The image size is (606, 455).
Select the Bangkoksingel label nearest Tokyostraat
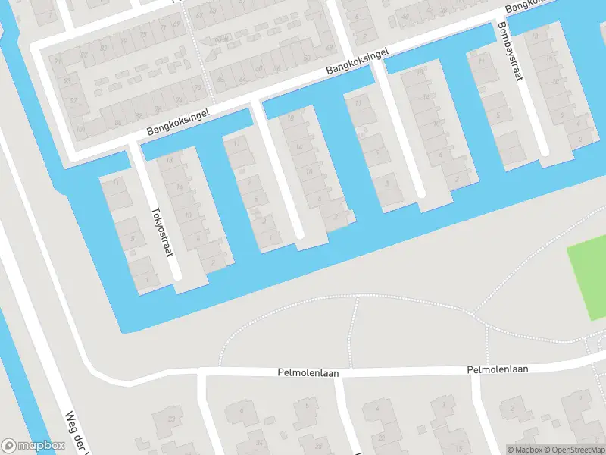pos(178,122)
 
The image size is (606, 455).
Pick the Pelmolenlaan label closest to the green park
pos(498,369)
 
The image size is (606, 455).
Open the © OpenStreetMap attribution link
pos(573,450)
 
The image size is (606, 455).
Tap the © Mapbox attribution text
pos(525,450)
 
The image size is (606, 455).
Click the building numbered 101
pos(80,128)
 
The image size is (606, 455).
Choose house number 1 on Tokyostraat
pos(147,279)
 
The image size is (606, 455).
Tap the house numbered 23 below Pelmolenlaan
pos(171,419)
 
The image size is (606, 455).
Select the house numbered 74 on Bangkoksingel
pos(179,99)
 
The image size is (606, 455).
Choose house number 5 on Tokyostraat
pos(133,240)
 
